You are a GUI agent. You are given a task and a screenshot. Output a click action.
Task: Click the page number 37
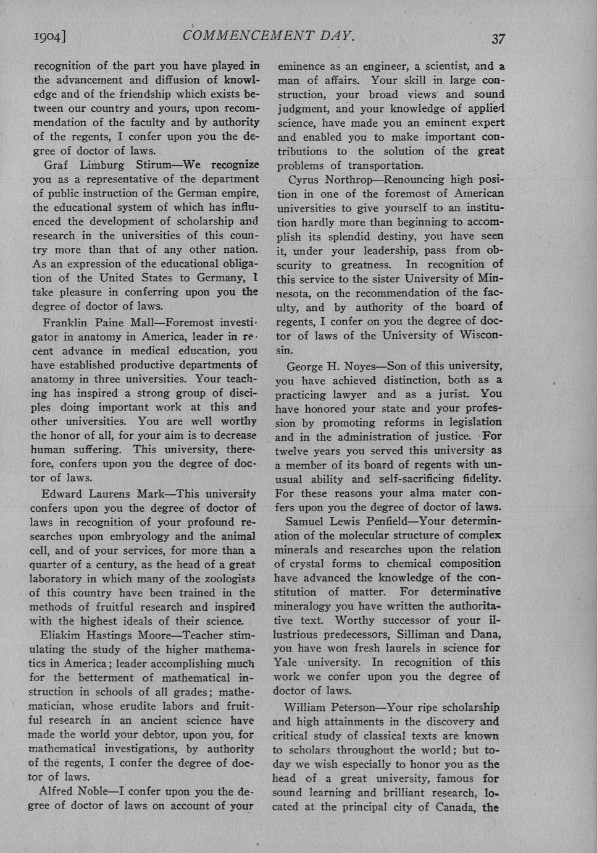pos(498,39)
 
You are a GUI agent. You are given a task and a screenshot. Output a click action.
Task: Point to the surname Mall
pos(146,322)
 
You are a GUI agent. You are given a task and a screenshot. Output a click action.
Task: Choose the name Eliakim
pos(63,635)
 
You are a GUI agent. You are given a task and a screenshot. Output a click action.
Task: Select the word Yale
pos(286,663)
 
